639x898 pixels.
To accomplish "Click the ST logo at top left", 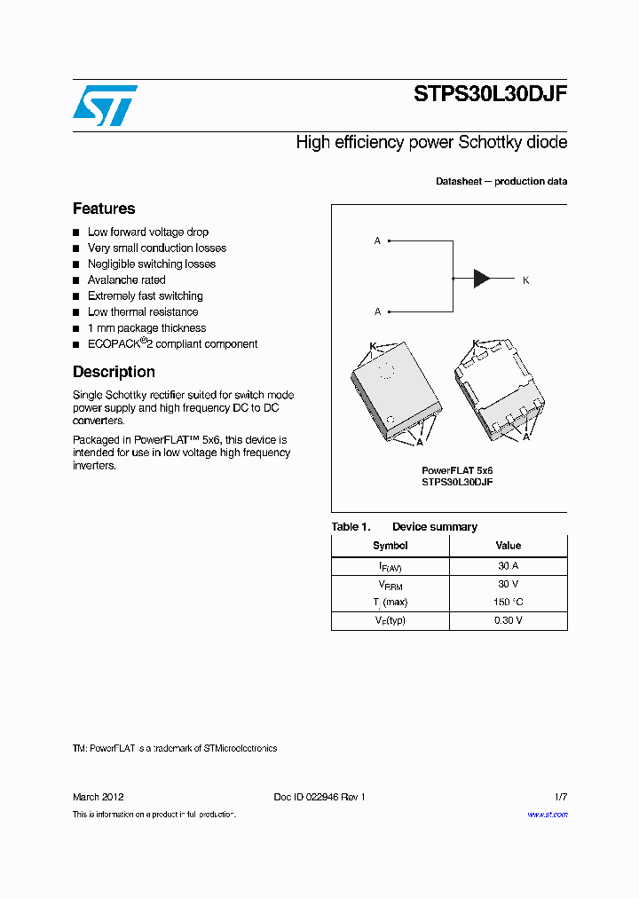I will [x=105, y=105].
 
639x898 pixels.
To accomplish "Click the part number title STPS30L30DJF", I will [x=490, y=96].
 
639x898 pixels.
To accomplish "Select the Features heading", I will [x=104, y=209].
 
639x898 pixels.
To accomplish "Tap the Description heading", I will [x=114, y=372].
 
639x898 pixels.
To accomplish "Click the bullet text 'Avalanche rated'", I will [x=126, y=280].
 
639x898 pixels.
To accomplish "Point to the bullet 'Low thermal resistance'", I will [x=143, y=312].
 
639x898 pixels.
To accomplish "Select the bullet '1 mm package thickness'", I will [x=146, y=328].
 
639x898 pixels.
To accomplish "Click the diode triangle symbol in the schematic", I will [x=482, y=279].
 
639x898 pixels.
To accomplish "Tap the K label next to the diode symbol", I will [x=525, y=280].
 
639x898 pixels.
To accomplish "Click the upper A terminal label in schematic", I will [x=377, y=240].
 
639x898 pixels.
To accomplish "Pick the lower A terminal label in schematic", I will [x=377, y=311].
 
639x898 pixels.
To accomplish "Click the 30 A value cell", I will [x=508, y=565].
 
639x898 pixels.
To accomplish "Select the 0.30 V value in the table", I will [x=508, y=620].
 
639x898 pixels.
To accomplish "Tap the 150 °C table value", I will [x=508, y=603].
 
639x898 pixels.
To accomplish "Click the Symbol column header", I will [x=390, y=546].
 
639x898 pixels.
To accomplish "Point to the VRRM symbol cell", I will [x=390, y=585].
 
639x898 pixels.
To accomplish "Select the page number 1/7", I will [x=560, y=797].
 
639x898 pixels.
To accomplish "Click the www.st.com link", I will [x=547, y=815].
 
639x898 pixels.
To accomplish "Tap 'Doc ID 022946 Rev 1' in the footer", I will [x=319, y=797].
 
